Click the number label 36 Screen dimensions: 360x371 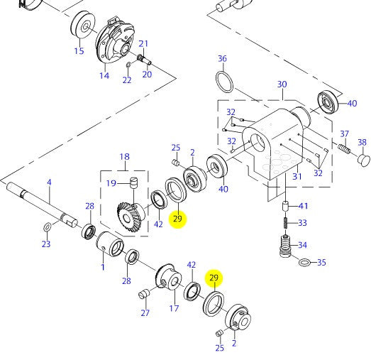(222, 58)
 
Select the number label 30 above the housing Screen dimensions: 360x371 (282, 84)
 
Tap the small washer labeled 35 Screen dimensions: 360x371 (304, 263)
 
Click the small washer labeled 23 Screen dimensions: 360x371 (47, 227)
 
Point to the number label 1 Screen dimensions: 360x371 (103, 266)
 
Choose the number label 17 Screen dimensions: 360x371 (174, 308)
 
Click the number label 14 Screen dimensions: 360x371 (104, 75)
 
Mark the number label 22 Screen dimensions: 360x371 (126, 80)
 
